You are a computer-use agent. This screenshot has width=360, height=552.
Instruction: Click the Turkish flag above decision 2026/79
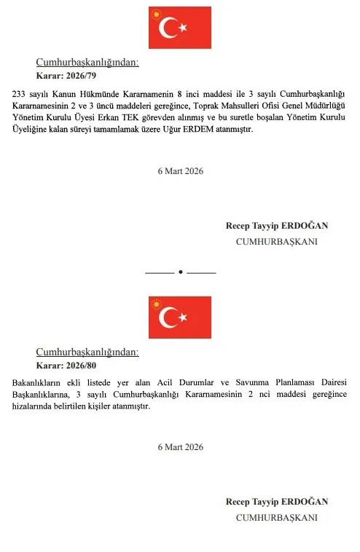pyautogui.click(x=180, y=28)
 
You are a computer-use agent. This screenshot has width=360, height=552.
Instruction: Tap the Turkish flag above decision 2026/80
pyautogui.click(x=180, y=318)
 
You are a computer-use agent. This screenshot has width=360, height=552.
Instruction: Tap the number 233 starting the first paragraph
pyautogui.click(x=20, y=94)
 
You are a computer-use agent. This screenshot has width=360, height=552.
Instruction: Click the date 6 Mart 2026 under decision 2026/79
pyautogui.click(x=180, y=171)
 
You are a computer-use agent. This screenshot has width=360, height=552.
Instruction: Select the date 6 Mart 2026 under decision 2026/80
pyautogui.click(x=180, y=446)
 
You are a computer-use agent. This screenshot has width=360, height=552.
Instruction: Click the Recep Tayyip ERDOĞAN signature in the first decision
pyautogui.click(x=276, y=226)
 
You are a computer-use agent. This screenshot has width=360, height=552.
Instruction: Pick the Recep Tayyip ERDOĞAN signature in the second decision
pyautogui.click(x=276, y=502)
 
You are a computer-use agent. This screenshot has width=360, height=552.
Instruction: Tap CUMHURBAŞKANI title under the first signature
pyautogui.click(x=276, y=241)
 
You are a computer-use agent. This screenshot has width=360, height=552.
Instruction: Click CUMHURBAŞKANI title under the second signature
pyautogui.click(x=276, y=517)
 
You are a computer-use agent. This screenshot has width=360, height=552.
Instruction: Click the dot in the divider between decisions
pyautogui.click(x=180, y=272)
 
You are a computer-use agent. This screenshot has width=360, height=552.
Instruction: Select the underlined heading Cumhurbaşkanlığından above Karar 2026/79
pyautogui.click(x=87, y=63)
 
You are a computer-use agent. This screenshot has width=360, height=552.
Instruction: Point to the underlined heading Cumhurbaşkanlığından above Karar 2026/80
pyautogui.click(x=87, y=352)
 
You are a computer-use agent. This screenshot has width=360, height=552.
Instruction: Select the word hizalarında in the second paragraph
pyautogui.click(x=34, y=406)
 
